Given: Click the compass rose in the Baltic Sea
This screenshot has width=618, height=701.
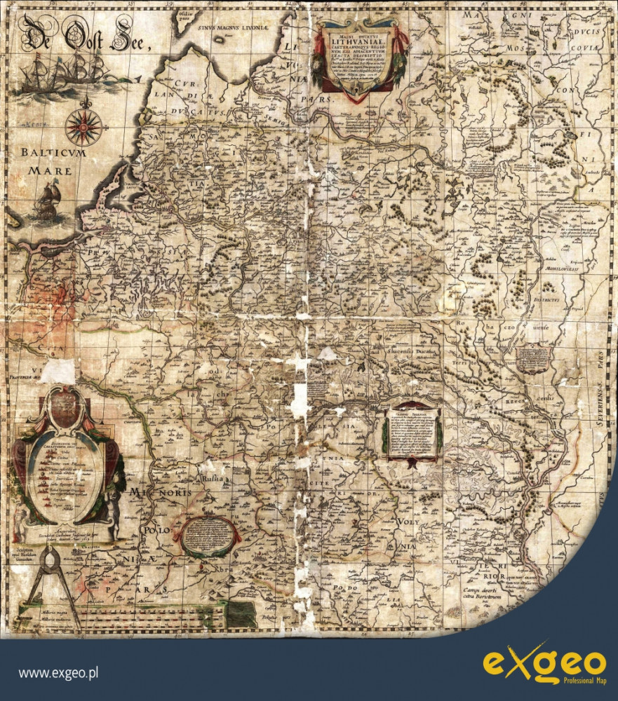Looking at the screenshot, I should (84, 127).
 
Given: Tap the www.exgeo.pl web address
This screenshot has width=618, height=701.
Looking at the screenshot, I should (58, 674).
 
